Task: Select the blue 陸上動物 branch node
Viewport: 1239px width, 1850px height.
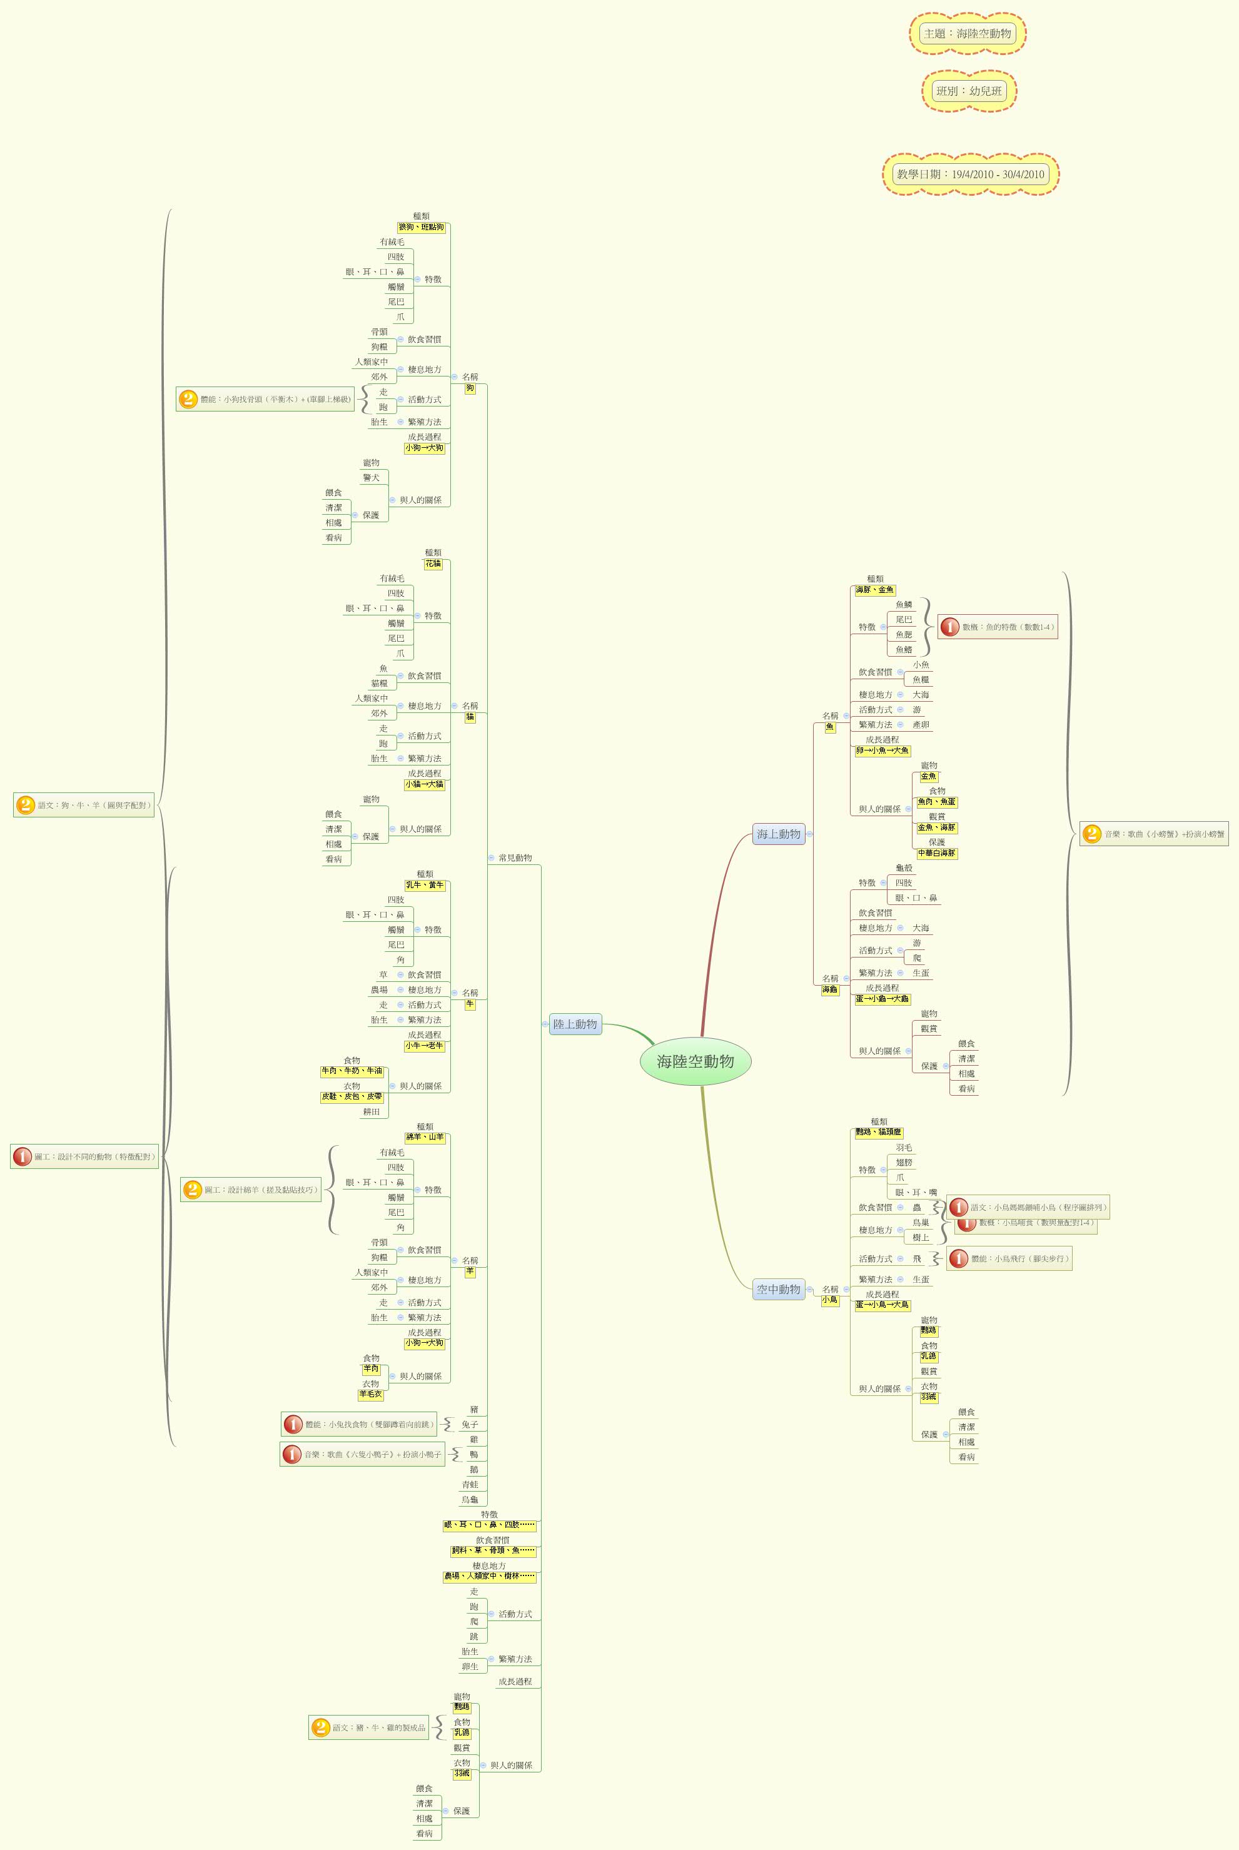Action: [x=575, y=1024]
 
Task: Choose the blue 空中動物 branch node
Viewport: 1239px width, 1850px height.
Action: [x=778, y=1289]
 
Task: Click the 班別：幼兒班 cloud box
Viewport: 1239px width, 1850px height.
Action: [x=969, y=91]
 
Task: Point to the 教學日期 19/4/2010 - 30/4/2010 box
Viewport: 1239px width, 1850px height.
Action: [x=970, y=174]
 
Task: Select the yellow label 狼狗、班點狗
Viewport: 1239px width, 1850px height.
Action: [x=421, y=228]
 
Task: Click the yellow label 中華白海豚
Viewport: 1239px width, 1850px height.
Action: [x=936, y=853]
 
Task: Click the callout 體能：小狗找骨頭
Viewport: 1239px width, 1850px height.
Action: [x=265, y=399]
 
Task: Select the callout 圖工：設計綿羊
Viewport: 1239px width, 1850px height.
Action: [x=251, y=1190]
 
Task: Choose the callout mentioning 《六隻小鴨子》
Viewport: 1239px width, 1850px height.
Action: [x=363, y=1454]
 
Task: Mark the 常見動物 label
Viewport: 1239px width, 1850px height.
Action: [x=515, y=858]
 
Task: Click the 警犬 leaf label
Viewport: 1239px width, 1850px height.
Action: [x=372, y=478]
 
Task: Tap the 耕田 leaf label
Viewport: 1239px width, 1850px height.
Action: [x=372, y=1111]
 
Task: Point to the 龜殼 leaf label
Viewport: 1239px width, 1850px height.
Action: [x=904, y=868]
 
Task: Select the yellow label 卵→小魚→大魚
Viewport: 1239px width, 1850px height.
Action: [x=882, y=751]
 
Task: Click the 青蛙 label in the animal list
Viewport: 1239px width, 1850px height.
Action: [x=470, y=1484]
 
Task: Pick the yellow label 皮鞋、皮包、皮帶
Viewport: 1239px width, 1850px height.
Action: [x=351, y=1096]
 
